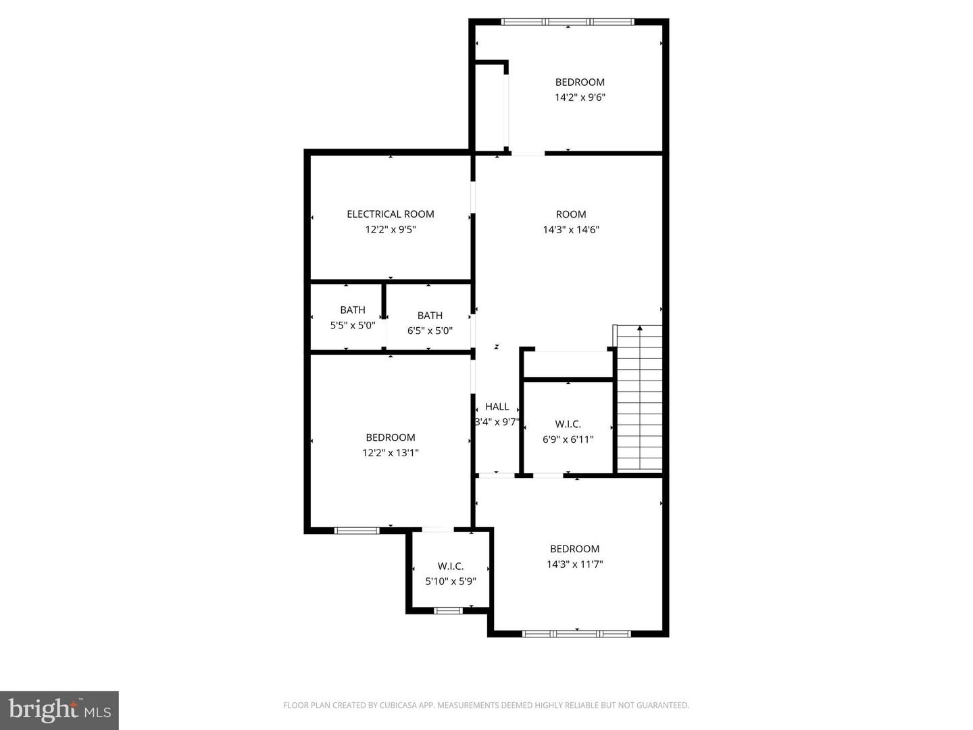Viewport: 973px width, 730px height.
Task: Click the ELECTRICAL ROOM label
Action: [390, 214]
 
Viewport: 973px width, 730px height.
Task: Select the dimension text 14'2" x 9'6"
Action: [580, 97]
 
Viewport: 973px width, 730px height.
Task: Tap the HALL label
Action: [497, 407]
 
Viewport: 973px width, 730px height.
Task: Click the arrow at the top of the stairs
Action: [640, 328]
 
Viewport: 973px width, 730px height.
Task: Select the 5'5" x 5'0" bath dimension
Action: [352, 325]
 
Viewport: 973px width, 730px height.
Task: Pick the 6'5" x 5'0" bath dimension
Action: [430, 331]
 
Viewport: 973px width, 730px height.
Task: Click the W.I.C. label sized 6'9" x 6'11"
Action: [568, 424]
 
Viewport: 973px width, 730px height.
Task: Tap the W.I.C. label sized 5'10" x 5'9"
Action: [450, 566]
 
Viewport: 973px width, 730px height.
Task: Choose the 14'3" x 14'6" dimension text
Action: [571, 230]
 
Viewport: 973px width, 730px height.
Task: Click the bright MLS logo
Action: [59, 710]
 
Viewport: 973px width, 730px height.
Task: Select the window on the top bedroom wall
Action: [568, 22]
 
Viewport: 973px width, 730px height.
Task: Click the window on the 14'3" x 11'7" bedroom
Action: [576, 633]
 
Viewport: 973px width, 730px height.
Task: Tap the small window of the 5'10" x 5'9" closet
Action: [447, 611]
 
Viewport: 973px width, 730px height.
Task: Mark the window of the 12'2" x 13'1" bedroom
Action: [357, 531]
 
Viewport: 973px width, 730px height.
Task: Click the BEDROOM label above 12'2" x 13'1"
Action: [390, 437]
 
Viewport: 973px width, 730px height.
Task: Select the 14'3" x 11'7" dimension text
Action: [574, 564]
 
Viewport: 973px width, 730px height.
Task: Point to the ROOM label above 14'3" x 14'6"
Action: [571, 214]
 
